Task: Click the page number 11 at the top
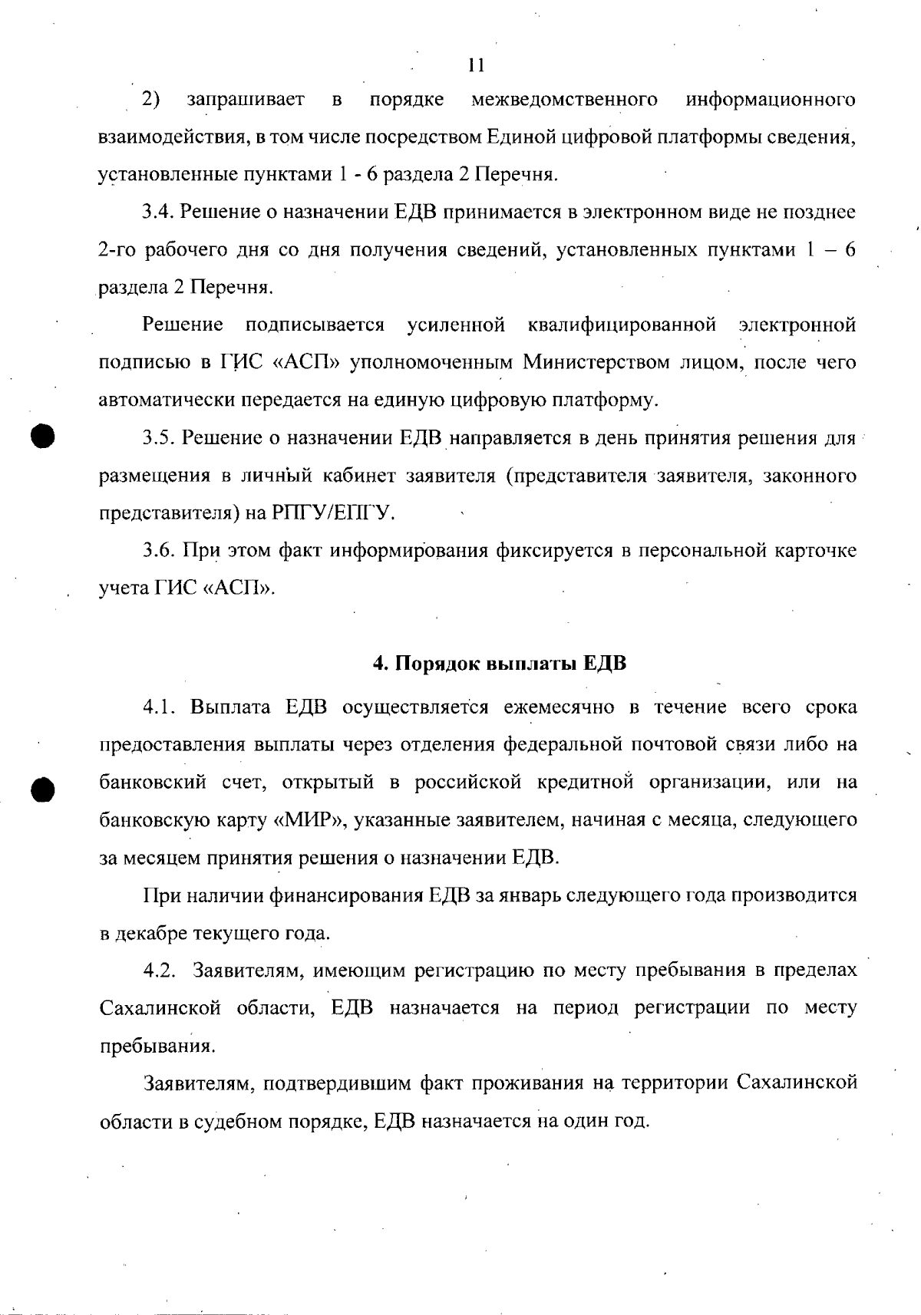tap(476, 65)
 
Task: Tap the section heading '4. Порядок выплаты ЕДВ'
tap(500, 664)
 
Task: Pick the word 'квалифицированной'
tap(622, 325)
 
